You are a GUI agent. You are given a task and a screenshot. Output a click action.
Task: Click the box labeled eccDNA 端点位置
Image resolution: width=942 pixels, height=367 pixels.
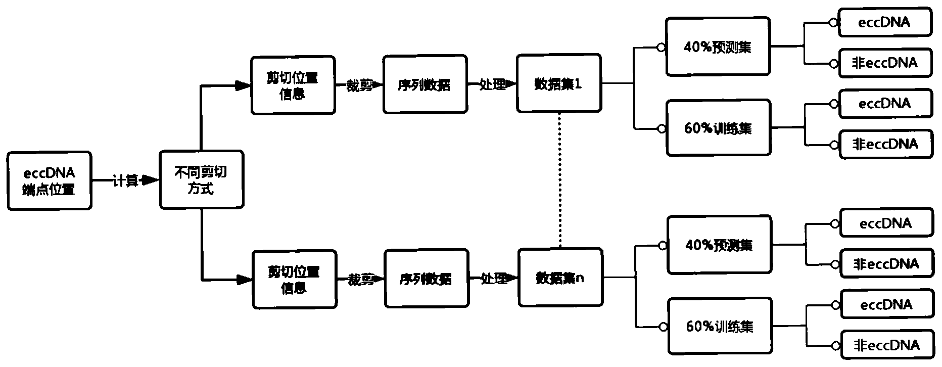click(49, 180)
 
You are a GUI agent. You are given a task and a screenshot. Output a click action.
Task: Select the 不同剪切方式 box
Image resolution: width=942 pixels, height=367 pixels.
click(201, 180)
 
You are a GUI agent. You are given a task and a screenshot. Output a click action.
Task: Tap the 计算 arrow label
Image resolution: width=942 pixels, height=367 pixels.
click(125, 180)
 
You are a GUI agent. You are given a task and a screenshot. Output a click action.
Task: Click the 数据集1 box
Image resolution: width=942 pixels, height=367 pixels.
click(558, 84)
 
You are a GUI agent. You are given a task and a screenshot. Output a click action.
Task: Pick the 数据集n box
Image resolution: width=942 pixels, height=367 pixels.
click(560, 278)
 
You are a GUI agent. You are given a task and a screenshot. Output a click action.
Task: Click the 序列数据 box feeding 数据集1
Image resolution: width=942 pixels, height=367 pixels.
click(425, 84)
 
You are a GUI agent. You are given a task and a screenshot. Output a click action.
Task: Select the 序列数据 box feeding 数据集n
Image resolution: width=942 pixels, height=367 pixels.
click(426, 279)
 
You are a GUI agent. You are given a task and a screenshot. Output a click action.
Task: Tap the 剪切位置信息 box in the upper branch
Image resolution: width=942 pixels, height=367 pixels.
click(293, 85)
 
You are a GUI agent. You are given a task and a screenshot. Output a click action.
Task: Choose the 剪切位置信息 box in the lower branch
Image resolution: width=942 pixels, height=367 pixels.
click(294, 279)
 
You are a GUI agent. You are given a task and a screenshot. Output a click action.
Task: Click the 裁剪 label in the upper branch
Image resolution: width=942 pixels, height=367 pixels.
click(358, 85)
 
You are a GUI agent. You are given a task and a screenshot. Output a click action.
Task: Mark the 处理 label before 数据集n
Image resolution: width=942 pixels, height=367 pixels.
click(493, 278)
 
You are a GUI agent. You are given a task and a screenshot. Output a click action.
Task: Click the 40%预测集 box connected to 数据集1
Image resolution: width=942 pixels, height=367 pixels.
click(718, 47)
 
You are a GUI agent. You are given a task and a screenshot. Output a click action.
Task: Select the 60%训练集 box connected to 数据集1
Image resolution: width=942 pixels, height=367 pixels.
click(718, 128)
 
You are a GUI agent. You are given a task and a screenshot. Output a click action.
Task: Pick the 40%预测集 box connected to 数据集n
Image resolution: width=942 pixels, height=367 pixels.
click(719, 245)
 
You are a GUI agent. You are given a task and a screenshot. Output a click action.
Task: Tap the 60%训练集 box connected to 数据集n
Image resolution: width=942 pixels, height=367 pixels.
click(720, 327)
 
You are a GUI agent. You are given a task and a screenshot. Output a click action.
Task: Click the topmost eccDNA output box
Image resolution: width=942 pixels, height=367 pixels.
click(884, 22)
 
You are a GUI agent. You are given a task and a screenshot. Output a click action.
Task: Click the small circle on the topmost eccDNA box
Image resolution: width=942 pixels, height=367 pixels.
click(833, 22)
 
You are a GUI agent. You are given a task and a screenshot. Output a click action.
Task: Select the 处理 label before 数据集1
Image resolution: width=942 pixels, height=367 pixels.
click(491, 84)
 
